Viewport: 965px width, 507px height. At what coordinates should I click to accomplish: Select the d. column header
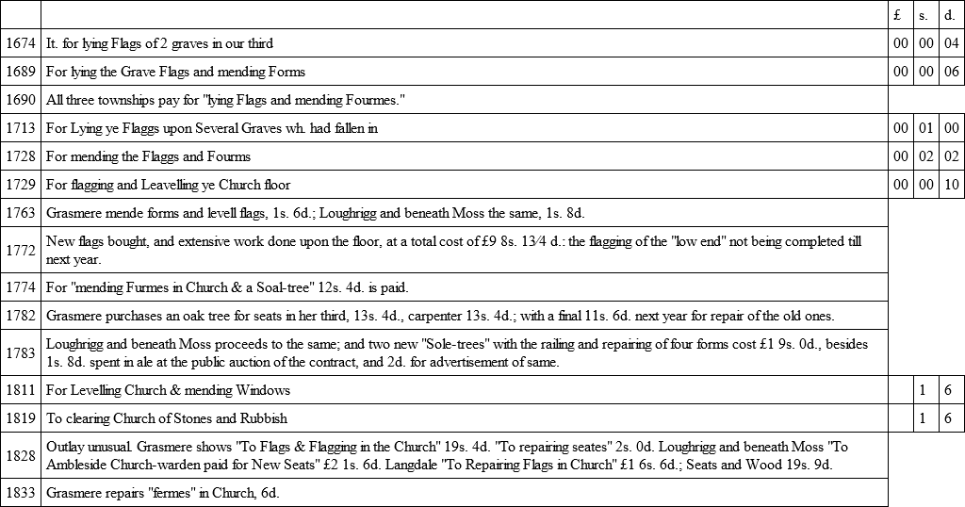[x=951, y=15]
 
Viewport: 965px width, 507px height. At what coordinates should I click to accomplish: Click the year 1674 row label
[x=20, y=43]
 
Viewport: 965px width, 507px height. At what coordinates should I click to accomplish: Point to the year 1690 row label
[x=20, y=100]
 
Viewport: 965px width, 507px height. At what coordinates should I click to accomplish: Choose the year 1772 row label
[x=20, y=250]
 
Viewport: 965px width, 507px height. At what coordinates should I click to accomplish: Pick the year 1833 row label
[x=20, y=493]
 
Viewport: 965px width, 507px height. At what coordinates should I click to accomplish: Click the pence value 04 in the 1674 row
[x=951, y=43]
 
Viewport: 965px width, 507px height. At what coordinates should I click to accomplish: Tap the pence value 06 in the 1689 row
[x=951, y=72]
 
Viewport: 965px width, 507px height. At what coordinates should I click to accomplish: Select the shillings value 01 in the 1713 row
[x=926, y=128]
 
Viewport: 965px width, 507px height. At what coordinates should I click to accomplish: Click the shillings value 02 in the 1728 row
[x=926, y=156]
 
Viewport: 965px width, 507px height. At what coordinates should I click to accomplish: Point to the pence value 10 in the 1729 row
[x=951, y=185]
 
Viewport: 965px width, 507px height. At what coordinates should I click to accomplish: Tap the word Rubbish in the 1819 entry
[x=262, y=418]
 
